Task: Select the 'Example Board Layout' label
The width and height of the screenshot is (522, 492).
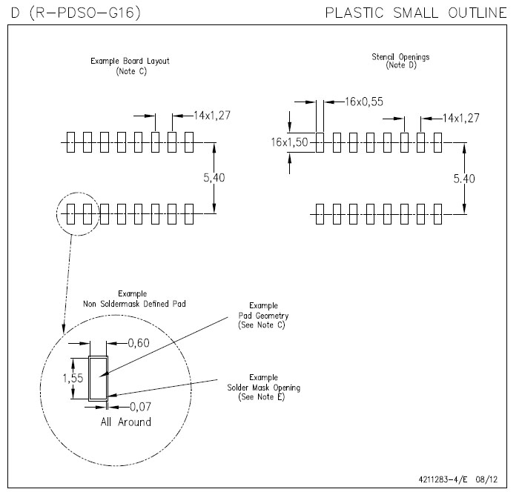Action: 130,61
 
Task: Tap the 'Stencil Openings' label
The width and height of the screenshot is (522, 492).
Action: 400,57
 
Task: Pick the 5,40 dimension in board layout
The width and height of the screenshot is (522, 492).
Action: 233,178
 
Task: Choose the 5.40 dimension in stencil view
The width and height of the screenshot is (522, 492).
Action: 483,178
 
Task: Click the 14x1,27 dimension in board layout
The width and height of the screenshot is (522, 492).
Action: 212,116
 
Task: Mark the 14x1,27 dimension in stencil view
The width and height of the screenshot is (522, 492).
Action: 461,118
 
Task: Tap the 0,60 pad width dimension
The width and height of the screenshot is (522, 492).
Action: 139,342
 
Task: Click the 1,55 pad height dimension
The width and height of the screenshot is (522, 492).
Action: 73,377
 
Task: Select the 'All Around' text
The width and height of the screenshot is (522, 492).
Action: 125,422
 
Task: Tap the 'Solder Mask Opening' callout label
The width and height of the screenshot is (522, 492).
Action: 263,388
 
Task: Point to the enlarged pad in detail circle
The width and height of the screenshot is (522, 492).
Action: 98,378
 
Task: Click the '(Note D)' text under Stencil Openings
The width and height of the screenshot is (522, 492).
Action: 400,66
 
